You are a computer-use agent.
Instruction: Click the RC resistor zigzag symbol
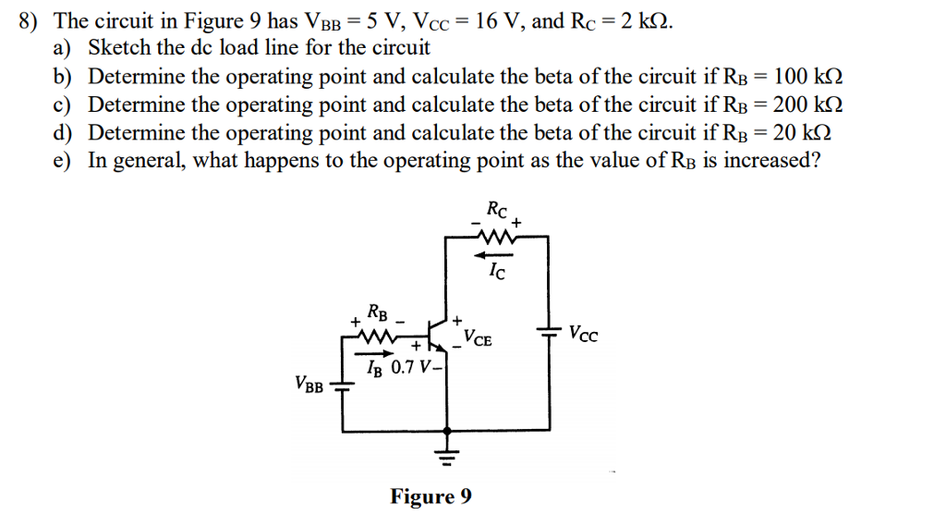pos(498,238)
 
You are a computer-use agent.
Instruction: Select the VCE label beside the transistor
pos(478,338)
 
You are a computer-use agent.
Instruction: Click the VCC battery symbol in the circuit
pos(550,332)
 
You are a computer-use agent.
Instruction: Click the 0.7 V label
pos(410,368)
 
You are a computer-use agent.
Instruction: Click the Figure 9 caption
pos(431,497)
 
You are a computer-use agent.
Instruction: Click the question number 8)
pos(33,20)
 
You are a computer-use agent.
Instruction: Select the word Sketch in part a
pos(116,47)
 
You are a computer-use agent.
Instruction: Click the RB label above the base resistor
pos(378,311)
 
